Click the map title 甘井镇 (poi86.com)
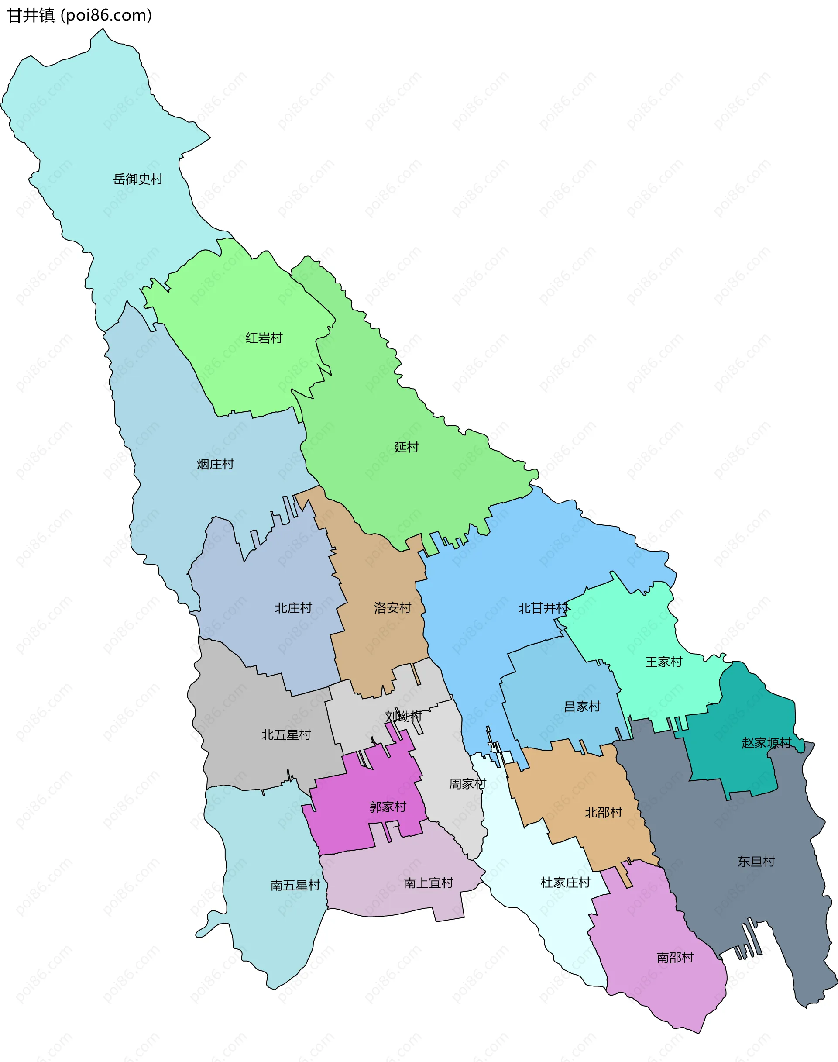pos(79,16)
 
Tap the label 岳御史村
pos(138,179)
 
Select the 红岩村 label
pos(264,338)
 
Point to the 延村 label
pos(406,447)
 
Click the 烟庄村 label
pos(215,464)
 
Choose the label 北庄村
pos(293,608)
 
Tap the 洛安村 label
pos(392,607)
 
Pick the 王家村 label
pos(663,662)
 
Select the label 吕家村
pos(582,706)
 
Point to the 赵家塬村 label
pos(766,743)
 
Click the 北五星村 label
pos(286,734)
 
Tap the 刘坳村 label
pos(403,717)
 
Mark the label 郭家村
pos(388,807)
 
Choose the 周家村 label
pos(467,784)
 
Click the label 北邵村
pos(604,812)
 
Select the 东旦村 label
pos(756,861)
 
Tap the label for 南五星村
pos(295,885)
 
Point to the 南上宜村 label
pos(428,883)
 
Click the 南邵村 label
pos(675,958)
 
